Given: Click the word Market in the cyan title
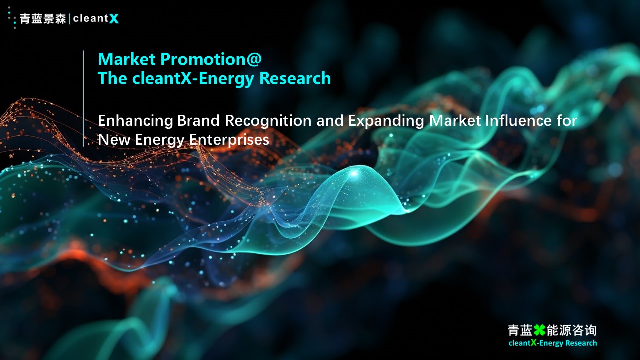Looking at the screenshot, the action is coord(127,59).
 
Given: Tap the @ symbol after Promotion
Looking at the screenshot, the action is coord(253,60).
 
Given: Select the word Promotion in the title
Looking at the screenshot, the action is coord(201,59).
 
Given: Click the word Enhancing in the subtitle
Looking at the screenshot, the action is coord(135,121).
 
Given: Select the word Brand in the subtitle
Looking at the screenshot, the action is coord(199,120).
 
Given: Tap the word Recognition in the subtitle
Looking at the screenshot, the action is coord(268,121).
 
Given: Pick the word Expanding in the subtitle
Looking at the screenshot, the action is coord(386,121).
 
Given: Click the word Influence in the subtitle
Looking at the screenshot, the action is coord(519,120).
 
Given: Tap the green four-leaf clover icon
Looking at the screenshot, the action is coord(539,330).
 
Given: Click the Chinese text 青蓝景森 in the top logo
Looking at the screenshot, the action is coord(43,19).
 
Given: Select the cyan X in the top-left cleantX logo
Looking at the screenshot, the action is coord(114,19).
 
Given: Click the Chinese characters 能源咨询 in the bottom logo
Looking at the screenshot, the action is coord(571,330).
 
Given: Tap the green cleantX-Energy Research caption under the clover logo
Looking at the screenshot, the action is coord(553,343).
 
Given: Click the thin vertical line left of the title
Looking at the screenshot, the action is coord(83,99).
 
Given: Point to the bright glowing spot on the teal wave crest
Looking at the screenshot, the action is coord(354,173).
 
